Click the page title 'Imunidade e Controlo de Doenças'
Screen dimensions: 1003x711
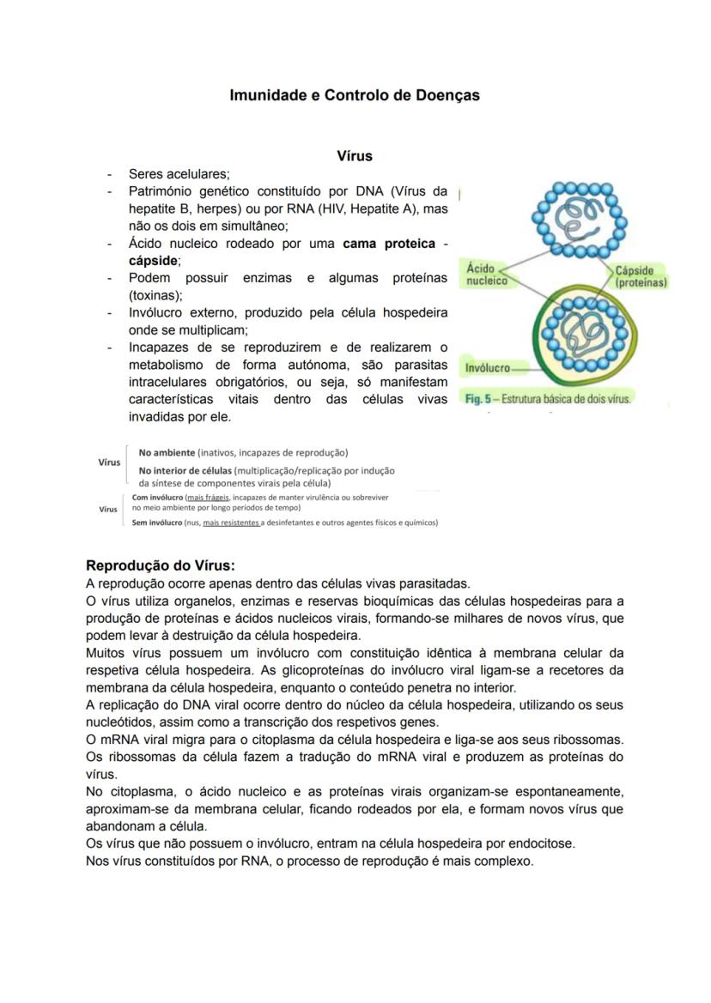pos(355,95)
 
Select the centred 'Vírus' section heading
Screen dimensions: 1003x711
pos(355,156)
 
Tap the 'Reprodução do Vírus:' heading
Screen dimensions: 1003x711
pos(161,565)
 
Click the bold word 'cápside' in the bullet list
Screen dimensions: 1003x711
pos(153,260)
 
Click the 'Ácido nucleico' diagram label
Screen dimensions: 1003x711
pos(486,275)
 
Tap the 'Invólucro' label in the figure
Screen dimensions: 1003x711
pos(487,368)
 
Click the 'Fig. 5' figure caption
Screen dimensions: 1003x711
pos(548,399)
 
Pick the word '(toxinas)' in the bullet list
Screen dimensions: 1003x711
pos(155,294)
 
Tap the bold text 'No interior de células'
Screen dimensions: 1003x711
pos(185,470)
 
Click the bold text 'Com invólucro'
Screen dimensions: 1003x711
pos(157,497)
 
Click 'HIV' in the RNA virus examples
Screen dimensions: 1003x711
pos(347,208)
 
